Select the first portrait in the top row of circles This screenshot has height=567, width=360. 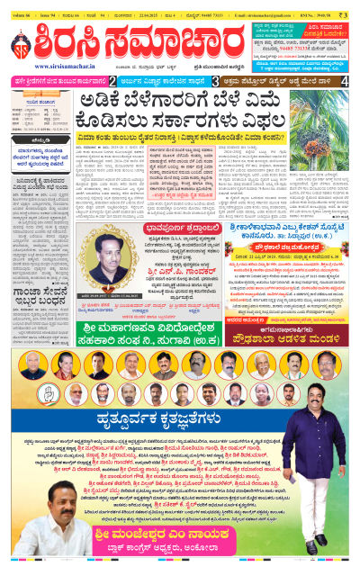point(25,363)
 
